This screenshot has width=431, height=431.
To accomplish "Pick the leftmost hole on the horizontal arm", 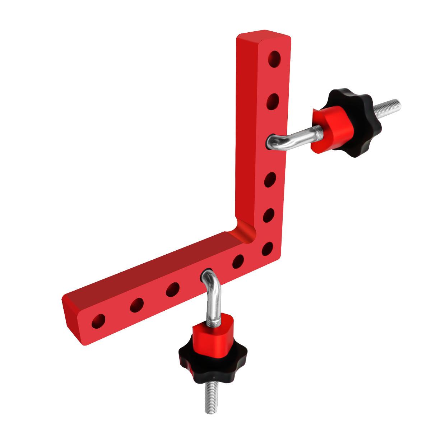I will tap(98, 321).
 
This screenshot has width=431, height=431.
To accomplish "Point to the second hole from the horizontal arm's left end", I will tap(136, 305).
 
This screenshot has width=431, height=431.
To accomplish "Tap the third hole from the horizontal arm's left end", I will tap(173, 289).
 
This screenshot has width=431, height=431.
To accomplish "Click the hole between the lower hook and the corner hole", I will tap(238, 261).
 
